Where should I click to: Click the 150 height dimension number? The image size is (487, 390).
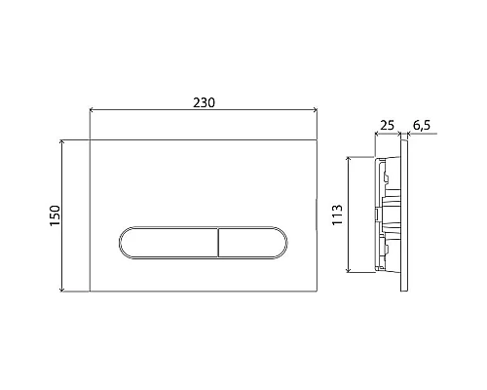click(56, 214)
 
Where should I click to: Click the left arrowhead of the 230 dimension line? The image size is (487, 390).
click(92, 112)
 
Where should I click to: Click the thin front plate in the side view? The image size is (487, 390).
click(407, 214)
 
